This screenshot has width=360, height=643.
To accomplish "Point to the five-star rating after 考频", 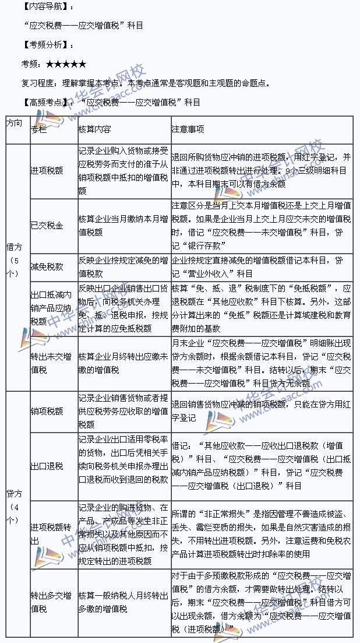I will pyautogui.click(x=66, y=64).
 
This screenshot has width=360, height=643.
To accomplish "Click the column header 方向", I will pyautogui.click(x=15, y=124).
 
